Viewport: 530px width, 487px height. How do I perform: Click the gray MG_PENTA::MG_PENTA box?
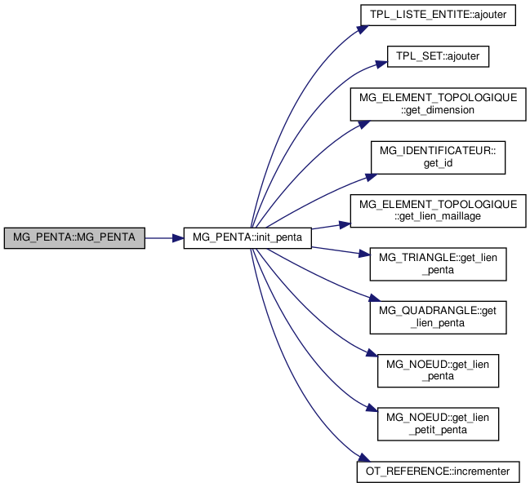pos(74,238)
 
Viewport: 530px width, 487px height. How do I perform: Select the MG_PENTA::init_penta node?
pos(247,238)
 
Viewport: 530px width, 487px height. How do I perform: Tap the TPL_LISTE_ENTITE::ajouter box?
pos(438,15)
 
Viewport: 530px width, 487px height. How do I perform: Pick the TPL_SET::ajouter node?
pos(438,56)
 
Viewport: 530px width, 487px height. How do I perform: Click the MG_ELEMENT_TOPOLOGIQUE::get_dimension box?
pos(438,104)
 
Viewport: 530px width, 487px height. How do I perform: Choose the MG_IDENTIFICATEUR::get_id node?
pos(438,157)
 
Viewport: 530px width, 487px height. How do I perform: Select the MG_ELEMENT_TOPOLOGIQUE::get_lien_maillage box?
pos(438,210)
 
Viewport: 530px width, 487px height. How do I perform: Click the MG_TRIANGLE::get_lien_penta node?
pos(438,264)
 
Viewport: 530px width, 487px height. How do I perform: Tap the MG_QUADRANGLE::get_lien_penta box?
pos(438,317)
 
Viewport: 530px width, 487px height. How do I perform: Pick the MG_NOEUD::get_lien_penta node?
pos(438,371)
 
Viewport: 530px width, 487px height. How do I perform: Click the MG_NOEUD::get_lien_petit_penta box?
pos(438,424)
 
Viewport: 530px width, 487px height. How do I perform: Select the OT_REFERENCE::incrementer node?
pos(438,472)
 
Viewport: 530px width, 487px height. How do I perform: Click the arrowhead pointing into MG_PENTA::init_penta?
pos(178,238)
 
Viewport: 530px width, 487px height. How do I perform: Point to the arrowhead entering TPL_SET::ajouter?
pos(381,64)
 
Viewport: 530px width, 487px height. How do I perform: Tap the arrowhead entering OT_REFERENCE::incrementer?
pos(364,458)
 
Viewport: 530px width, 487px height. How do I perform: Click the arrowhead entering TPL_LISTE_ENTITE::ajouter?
pos(363,29)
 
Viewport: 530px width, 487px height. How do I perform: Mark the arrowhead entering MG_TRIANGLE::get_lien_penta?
pos(364,254)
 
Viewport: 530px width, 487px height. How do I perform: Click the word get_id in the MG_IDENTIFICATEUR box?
pos(438,163)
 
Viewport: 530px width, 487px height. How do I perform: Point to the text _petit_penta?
pos(438,430)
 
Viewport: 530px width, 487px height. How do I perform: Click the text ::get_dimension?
pos(438,110)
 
